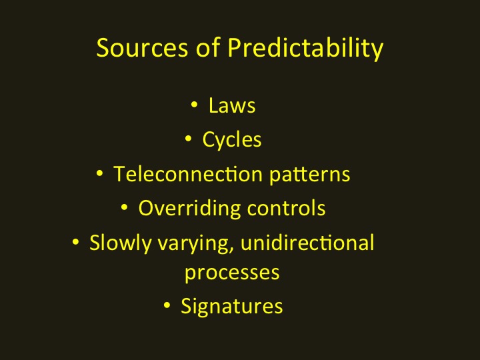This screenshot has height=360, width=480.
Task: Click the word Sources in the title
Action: point(142,47)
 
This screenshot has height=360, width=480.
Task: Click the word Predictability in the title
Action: point(305,49)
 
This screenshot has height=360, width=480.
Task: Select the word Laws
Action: point(232,105)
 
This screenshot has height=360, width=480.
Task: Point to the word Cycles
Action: point(232,140)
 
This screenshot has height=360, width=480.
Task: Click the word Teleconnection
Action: point(188,173)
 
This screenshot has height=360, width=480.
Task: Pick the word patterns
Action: point(309,175)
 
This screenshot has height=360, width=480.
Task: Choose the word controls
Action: point(286,208)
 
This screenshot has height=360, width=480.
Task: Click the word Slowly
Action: point(120,243)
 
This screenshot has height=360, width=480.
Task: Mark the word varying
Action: point(193,244)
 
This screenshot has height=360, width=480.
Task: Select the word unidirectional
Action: point(307,242)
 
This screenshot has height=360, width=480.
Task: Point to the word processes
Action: point(232,273)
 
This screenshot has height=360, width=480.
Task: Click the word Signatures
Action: point(232,307)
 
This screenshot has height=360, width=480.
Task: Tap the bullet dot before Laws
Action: point(194,105)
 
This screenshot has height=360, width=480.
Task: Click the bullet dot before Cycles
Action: point(188,139)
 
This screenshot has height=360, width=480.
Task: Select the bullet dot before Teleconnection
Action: point(99,173)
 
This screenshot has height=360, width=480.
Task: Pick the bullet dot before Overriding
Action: point(124,207)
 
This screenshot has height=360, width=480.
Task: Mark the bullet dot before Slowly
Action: point(75,242)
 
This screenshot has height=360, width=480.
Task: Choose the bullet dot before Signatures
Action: point(167,305)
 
